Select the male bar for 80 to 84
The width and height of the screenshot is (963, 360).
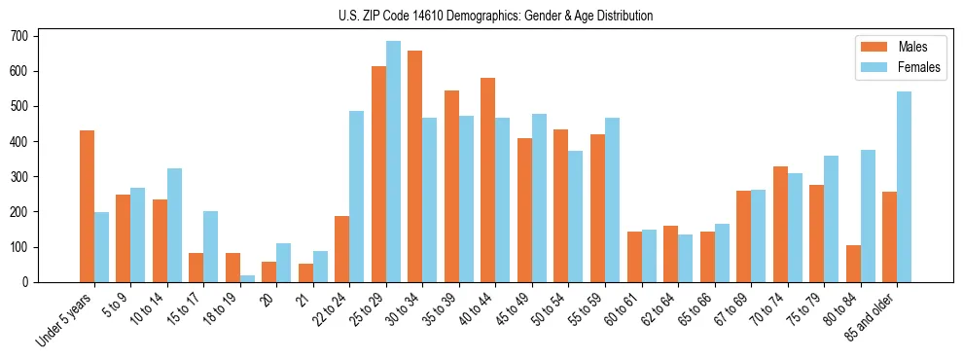pos(853,264)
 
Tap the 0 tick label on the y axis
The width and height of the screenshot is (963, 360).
pos(31,282)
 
